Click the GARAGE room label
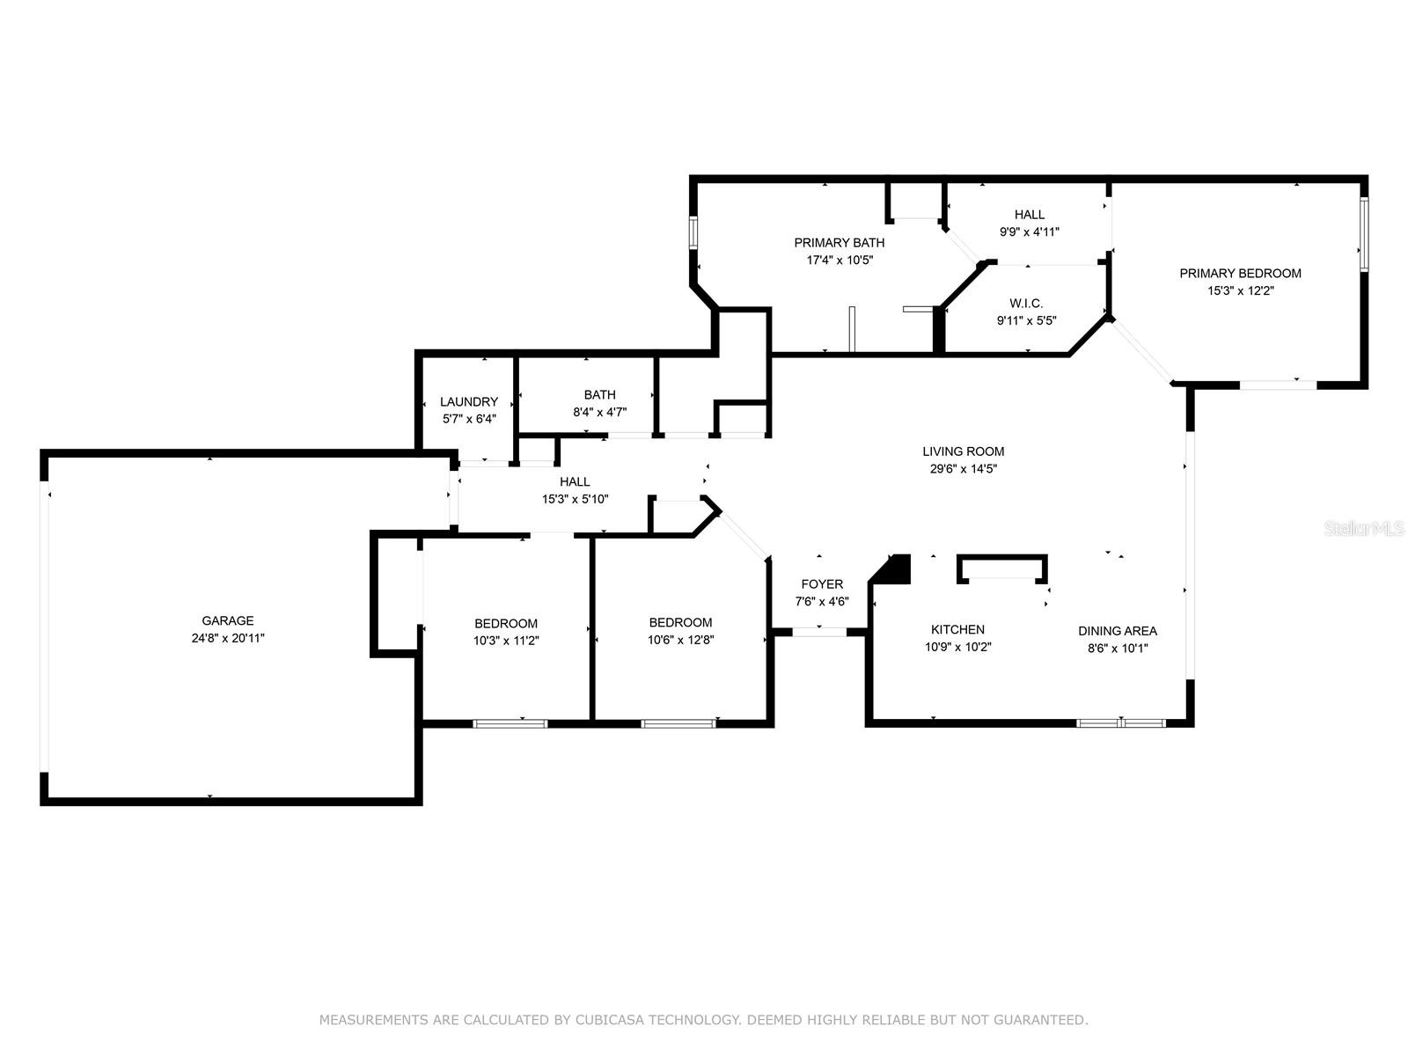(228, 620)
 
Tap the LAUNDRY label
(469, 401)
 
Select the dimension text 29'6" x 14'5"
(964, 469)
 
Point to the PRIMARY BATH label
(839, 242)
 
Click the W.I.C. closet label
(1026, 304)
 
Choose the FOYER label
(822, 584)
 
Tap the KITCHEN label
(957, 629)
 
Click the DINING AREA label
(1118, 631)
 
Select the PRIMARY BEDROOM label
(1241, 273)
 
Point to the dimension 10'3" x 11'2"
(506, 641)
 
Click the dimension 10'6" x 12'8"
(680, 639)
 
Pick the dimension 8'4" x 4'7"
(600, 412)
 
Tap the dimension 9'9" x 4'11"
(1029, 231)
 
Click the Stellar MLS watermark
(1364, 528)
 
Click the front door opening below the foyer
(820, 632)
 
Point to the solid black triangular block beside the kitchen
(893, 568)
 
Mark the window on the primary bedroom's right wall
(1364, 234)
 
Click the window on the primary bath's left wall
(693, 232)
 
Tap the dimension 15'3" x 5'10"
(575, 499)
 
